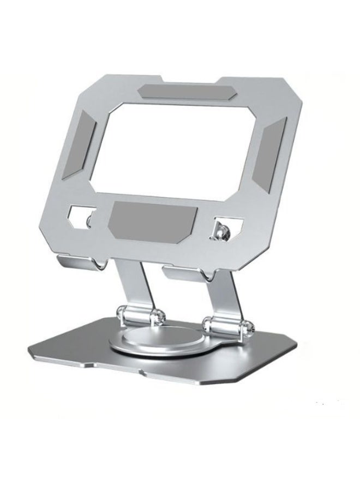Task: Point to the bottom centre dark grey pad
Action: click(153, 215)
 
